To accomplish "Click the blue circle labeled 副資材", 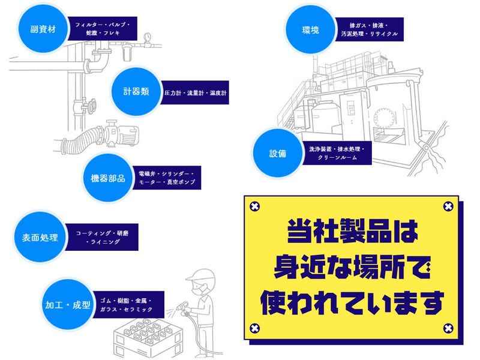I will click(x=43, y=29).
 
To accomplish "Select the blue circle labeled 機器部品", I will click(x=107, y=178).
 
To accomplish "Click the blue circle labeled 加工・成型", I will click(x=67, y=305).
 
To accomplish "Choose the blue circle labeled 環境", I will click(x=311, y=30).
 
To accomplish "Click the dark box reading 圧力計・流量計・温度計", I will click(x=196, y=94).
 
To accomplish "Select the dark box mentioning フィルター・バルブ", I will click(x=102, y=29).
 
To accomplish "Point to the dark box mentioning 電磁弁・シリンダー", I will click(x=167, y=177).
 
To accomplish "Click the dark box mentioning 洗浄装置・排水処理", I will click(x=340, y=152).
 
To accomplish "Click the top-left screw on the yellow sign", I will click(x=254, y=207).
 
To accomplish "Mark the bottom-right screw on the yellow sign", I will click(x=447, y=328).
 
